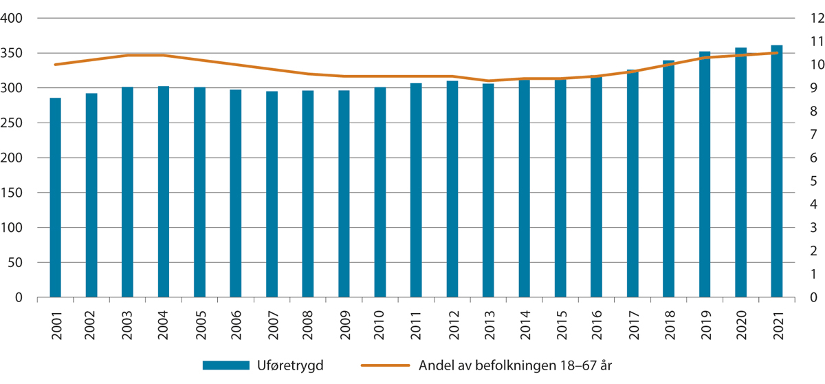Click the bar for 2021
(776, 171)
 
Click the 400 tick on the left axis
(14, 19)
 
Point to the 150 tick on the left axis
(14, 193)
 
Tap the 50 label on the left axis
(18, 263)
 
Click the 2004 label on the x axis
(164, 321)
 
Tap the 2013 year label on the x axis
(488, 321)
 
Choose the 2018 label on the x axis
(668, 321)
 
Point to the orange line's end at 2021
(776, 52)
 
